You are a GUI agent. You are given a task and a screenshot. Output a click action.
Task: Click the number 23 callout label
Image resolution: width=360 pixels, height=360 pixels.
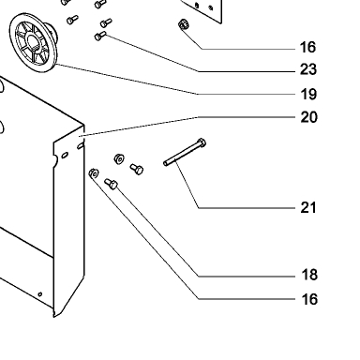308,69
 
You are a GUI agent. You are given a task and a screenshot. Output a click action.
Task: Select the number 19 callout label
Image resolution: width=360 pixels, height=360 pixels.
308,95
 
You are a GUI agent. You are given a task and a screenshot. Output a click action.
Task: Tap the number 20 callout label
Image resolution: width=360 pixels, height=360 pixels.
308,117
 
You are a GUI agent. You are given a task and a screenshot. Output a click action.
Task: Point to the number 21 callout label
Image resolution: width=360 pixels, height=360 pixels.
308,207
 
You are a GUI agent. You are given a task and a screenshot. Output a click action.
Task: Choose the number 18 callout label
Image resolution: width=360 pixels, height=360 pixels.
309,275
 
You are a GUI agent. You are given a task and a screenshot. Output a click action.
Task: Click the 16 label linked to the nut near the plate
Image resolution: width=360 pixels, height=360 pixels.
307,47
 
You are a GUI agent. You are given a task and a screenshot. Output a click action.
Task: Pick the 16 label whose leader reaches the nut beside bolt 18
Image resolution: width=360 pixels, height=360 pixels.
309,299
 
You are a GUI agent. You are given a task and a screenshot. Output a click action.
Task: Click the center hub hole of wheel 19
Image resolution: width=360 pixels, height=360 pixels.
33,42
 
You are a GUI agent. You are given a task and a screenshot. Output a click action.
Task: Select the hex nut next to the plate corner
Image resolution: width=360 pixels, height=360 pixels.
183,24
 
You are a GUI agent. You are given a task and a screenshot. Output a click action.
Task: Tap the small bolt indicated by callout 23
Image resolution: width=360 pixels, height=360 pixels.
100,36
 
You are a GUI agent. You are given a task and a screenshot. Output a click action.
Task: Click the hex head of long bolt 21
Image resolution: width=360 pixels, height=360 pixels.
202,142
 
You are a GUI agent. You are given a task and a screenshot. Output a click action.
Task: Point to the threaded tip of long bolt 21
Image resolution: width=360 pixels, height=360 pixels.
166,163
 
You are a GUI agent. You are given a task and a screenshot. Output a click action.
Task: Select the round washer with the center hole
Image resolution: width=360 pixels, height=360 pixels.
119,159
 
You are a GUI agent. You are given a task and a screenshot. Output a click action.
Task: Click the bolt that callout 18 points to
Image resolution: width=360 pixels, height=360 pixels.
111,184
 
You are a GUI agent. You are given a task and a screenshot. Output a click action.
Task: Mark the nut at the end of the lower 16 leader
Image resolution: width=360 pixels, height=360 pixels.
94,172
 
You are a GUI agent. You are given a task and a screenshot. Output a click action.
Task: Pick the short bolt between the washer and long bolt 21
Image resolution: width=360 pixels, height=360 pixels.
137,169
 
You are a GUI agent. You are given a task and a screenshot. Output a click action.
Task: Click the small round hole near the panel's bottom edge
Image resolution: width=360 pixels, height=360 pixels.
40,294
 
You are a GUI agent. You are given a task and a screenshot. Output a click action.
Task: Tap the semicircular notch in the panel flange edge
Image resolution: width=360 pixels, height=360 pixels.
55,160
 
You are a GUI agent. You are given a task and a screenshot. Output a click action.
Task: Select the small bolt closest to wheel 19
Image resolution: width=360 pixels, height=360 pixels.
72,20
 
